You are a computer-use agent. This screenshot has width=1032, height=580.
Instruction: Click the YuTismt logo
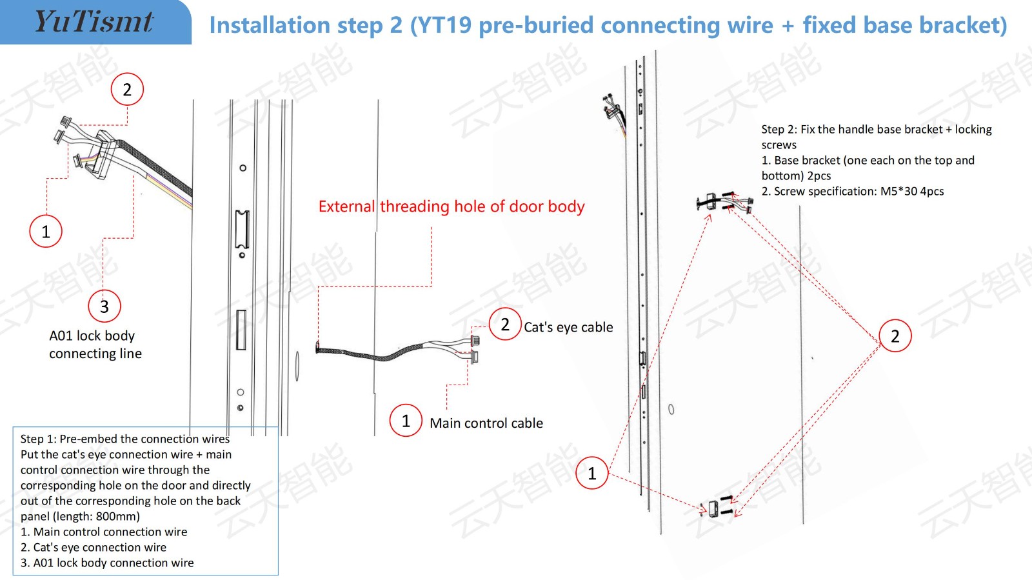coord(94,22)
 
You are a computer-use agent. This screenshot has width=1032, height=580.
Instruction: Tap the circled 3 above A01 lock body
coord(104,306)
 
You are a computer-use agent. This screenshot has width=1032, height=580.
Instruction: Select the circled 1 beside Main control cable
coord(406,421)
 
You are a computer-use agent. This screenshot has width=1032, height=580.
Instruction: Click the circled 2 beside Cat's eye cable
coord(505,324)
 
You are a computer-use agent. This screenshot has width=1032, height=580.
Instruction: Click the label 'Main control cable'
coord(486,423)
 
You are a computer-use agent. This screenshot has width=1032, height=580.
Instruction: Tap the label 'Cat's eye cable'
coord(568,327)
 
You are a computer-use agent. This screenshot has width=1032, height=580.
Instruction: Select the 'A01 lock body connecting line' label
coord(95,345)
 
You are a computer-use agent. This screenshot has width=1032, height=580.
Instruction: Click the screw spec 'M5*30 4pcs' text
coord(911,192)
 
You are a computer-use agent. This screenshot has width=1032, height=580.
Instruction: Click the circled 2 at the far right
coord(895,335)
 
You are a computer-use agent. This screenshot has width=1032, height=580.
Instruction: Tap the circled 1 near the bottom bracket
coord(592,474)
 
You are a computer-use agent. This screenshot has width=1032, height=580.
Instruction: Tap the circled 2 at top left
coord(127,90)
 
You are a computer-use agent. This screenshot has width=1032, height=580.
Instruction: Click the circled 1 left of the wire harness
coord(46,231)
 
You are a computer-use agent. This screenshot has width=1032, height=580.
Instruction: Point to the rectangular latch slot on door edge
coord(243,229)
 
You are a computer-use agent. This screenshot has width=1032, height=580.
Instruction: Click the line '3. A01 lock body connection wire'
coord(107,563)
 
